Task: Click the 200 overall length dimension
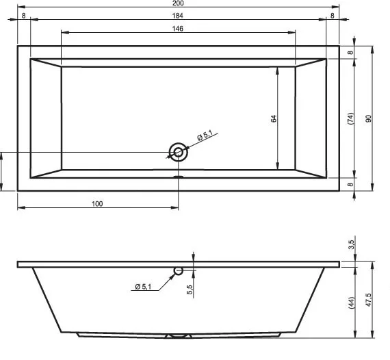tap(178, 3)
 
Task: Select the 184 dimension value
tap(178, 16)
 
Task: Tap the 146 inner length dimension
tap(178, 29)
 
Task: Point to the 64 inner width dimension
tap(274, 118)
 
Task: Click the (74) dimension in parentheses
tap(350, 118)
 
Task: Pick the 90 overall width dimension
tap(369, 118)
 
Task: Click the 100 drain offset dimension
tap(97, 204)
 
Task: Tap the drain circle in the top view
tap(178, 152)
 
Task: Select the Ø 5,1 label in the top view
tap(205, 136)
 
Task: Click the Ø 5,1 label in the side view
tap(143, 287)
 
